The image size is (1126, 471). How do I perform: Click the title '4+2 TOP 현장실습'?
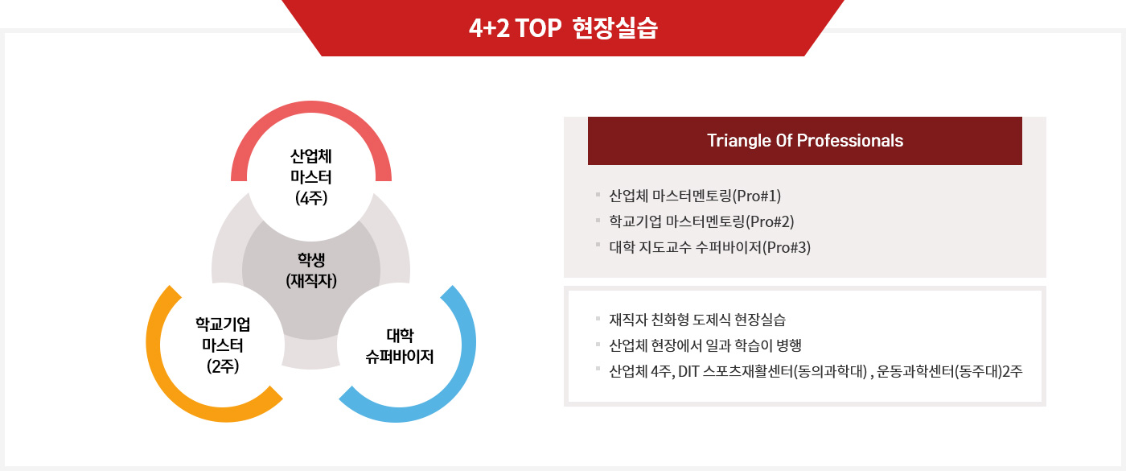click(563, 27)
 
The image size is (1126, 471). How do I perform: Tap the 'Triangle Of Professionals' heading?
click(805, 140)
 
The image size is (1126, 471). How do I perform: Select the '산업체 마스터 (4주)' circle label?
click(311, 177)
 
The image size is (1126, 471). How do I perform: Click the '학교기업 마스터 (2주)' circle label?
click(223, 345)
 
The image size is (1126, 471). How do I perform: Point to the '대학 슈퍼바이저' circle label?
click(400, 346)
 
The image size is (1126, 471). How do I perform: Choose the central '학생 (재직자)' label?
click(311, 271)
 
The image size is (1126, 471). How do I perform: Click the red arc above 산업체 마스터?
click(311, 107)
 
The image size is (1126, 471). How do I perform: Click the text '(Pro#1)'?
click(757, 196)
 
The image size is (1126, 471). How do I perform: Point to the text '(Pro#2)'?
click(770, 221)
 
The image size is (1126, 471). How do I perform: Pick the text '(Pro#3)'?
click(787, 247)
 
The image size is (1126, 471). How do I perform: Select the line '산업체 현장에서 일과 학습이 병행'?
click(705, 345)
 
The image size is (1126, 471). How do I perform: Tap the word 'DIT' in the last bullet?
click(688, 371)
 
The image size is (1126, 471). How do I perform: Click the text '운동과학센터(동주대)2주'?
click(950, 371)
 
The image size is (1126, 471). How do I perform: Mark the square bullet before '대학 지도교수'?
click(598, 245)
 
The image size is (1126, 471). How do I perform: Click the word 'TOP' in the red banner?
click(538, 27)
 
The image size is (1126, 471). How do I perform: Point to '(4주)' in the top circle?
click(311, 198)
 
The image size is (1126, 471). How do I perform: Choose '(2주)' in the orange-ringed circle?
click(223, 366)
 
